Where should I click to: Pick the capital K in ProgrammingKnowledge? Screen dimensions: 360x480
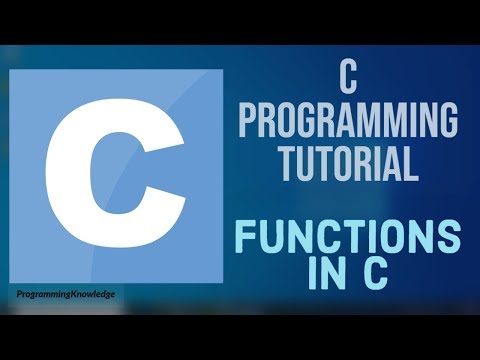pyautogui.click(x=77, y=296)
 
